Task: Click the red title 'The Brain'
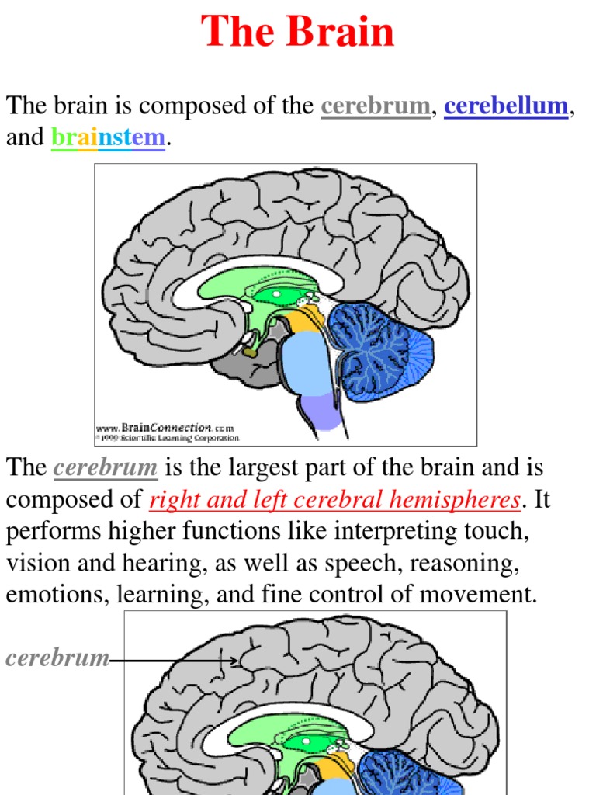click(x=298, y=33)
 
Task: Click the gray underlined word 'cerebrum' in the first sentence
click(x=376, y=106)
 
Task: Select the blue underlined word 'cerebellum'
click(x=506, y=106)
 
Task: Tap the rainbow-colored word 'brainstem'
click(x=108, y=138)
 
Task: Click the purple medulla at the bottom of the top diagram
click(x=320, y=411)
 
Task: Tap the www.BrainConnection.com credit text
click(x=165, y=427)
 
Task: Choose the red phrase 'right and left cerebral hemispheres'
click(x=334, y=501)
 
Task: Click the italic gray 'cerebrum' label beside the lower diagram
click(x=57, y=658)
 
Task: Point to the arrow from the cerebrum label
click(x=175, y=661)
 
